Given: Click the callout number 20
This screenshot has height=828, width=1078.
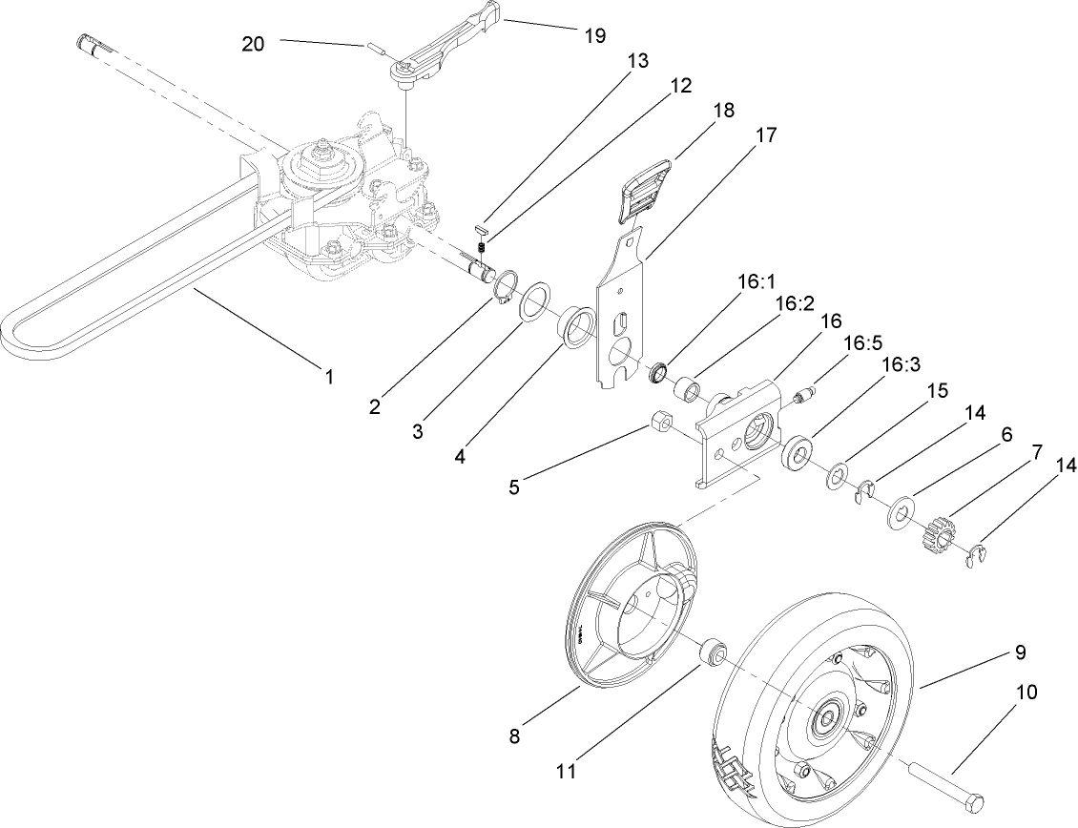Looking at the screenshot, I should (253, 43).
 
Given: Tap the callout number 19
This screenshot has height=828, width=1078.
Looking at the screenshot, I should (593, 35).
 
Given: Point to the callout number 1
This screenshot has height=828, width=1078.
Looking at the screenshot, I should (329, 377).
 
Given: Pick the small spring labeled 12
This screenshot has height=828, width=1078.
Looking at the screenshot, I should (483, 248).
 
